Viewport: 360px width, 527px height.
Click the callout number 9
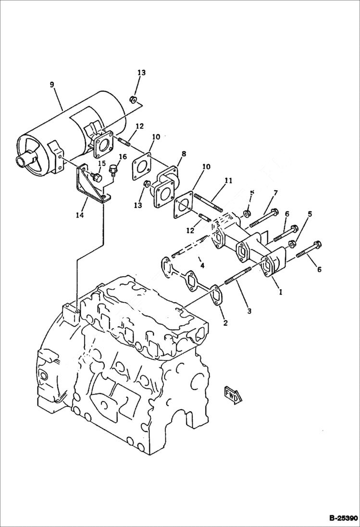52,85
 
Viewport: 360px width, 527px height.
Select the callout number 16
123,157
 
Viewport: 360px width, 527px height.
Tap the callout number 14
80,216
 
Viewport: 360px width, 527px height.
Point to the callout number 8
184,155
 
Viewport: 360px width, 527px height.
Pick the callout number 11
228,181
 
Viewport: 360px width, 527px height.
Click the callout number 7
275,193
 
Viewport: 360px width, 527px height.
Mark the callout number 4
202,265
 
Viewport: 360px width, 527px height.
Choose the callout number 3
249,311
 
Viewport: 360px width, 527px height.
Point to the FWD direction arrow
233,393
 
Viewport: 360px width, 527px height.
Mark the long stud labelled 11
209,202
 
